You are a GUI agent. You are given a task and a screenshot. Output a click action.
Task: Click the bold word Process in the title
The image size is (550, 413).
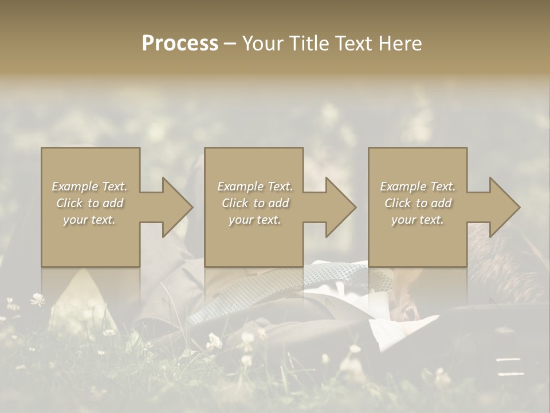click(x=180, y=44)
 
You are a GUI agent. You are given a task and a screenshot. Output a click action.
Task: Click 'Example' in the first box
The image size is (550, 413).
click(x=74, y=186)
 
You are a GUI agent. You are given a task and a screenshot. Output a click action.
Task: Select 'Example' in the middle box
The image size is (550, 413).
click(x=239, y=186)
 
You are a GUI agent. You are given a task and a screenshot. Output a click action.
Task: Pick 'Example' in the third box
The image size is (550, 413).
click(x=403, y=186)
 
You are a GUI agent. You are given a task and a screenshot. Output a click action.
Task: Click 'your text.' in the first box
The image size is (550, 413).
click(x=89, y=220)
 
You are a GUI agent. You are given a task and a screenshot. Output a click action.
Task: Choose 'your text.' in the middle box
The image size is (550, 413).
click(x=254, y=220)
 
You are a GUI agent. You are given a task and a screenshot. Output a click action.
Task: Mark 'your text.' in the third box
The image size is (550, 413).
click(x=418, y=220)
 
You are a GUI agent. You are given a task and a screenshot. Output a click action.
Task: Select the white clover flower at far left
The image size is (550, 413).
click(x=38, y=298)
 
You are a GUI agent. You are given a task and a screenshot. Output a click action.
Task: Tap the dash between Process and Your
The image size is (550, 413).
click(x=230, y=44)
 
